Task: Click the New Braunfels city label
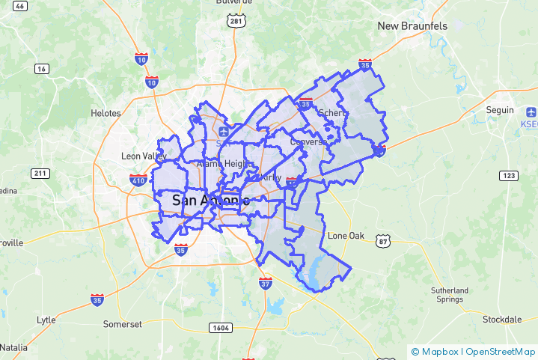pyautogui.click(x=412, y=26)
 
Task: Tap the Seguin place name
pyautogui.click(x=500, y=110)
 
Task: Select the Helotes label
pyautogui.click(x=106, y=113)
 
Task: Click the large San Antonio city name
pyautogui.click(x=210, y=200)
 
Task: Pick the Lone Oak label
pyautogui.click(x=346, y=236)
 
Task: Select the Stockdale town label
pyautogui.click(x=501, y=320)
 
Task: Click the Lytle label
pyautogui.click(x=46, y=320)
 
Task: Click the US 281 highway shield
pyautogui.click(x=236, y=22)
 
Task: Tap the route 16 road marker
pyautogui.click(x=41, y=69)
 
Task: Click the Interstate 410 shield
pyautogui.click(x=117, y=180)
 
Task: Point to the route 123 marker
pyautogui.click(x=509, y=175)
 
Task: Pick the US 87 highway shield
pyautogui.click(x=383, y=241)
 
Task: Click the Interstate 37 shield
pyautogui.click(x=266, y=284)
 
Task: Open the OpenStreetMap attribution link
pyautogui.click(x=501, y=351)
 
